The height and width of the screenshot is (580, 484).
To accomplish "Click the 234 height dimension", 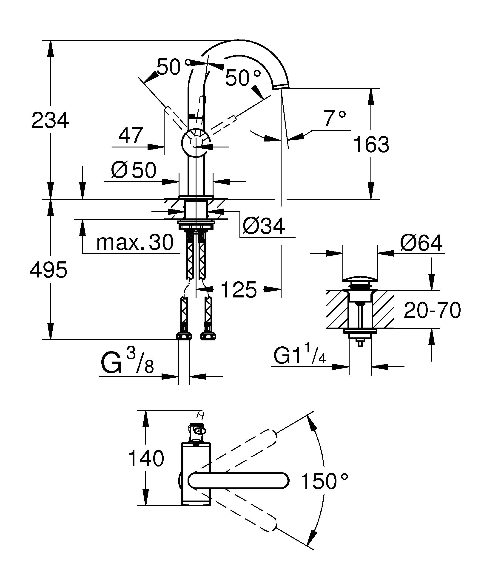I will [50, 120].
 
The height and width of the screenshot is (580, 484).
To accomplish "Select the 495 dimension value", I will [49, 270].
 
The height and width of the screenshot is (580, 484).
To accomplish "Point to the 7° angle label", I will [335, 119].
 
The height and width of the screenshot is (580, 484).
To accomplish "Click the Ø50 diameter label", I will [134, 170].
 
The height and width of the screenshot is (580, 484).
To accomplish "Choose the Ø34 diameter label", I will [264, 226].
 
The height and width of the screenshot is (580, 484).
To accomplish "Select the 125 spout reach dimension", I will [239, 290].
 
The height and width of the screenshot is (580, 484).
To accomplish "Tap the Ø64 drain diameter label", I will [421, 243].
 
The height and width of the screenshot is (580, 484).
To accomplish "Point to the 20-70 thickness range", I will [432, 310].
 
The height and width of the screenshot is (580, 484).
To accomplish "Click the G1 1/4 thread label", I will [300, 356].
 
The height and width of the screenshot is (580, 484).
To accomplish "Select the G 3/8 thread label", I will [127, 363].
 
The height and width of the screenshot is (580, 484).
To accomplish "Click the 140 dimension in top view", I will [146, 459].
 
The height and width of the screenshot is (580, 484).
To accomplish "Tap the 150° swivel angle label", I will [324, 481].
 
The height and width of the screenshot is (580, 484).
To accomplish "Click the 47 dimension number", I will [131, 135].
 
